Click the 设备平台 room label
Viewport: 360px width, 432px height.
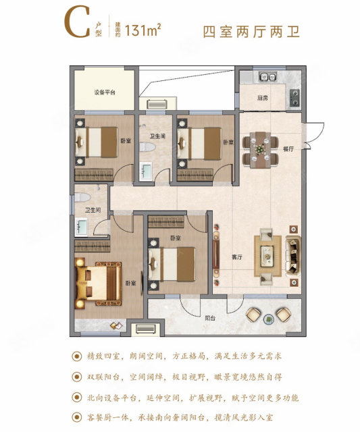point(105,92)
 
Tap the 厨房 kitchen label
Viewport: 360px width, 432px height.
point(263,98)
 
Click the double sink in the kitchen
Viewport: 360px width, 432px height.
point(267,76)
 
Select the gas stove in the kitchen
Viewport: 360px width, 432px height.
point(294,98)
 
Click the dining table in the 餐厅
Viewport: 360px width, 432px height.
point(260,150)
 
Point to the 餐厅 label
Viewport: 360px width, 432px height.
point(288,149)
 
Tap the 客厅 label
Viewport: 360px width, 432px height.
point(237,257)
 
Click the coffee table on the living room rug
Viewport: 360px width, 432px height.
point(267,256)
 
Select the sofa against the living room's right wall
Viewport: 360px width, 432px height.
point(293,256)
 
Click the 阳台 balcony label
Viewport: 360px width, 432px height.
point(210,318)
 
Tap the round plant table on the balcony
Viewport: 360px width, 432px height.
point(269,319)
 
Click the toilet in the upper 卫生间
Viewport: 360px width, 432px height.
point(147,147)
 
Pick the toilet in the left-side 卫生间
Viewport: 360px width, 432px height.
point(82,197)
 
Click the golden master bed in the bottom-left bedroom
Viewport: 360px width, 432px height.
point(99,283)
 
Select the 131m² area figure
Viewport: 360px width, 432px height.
point(143,30)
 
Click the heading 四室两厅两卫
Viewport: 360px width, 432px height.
point(251,32)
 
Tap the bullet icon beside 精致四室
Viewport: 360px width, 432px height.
point(76,356)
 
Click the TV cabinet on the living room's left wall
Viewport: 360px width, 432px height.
point(216,254)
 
